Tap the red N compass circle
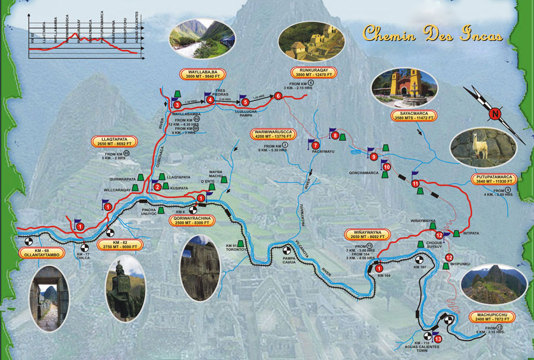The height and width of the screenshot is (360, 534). [495, 114]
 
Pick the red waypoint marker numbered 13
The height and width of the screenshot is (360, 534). [438, 339]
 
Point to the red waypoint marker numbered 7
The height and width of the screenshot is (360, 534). [316, 145]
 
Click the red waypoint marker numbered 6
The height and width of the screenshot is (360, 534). [278, 96]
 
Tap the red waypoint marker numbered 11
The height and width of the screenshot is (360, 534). [415, 184]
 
